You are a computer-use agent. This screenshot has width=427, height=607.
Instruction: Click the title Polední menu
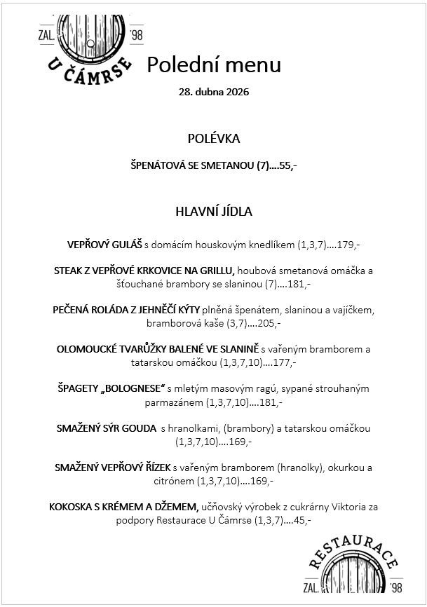pyautogui.click(x=213, y=64)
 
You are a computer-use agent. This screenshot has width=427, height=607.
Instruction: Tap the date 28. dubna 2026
pyautogui.click(x=214, y=92)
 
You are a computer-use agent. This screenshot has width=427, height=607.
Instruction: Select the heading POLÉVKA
pyautogui.click(x=214, y=139)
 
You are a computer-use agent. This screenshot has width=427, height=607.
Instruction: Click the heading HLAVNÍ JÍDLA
pyautogui.click(x=214, y=211)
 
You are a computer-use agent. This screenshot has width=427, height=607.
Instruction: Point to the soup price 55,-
pyautogui.click(x=288, y=166)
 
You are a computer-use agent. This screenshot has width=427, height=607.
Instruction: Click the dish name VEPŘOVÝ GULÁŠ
pyautogui.click(x=105, y=245)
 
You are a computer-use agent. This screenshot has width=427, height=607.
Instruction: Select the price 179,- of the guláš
pyautogui.click(x=348, y=245)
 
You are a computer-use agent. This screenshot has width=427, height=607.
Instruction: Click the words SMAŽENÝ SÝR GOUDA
pyautogui.click(x=106, y=428)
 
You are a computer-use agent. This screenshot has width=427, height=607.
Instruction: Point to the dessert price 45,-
pyautogui.click(x=302, y=521)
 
